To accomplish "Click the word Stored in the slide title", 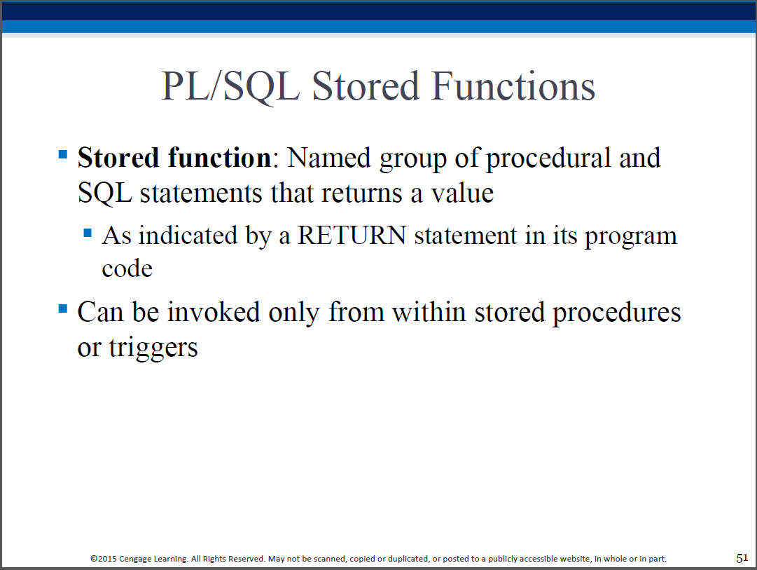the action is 366,86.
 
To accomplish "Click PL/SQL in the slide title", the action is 230,87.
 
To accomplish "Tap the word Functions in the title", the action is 513,86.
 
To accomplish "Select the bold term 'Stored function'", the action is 174,158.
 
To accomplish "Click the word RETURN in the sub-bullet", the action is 352,236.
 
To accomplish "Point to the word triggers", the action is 153,348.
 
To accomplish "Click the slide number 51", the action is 742,558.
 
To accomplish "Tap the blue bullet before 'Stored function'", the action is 63,154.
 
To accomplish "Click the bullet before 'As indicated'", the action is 88,233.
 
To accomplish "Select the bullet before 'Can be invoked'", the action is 63,308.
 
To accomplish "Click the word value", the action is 462,194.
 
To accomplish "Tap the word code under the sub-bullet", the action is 127,269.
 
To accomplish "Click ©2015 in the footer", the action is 104,559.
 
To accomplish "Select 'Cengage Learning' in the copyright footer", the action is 153,559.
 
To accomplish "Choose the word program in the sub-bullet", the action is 631,237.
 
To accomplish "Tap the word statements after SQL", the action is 201,194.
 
